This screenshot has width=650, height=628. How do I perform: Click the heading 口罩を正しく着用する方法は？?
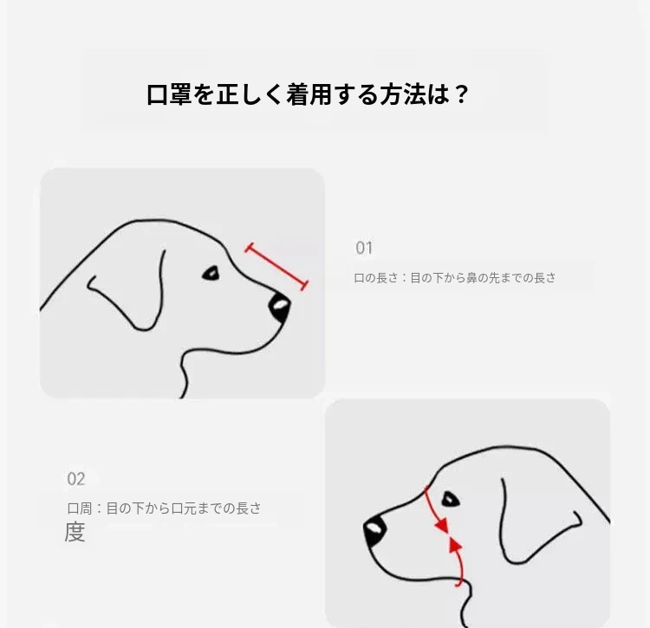pos(308,94)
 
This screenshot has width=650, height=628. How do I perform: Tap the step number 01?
pos(364,248)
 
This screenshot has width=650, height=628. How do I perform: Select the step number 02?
pos(76,479)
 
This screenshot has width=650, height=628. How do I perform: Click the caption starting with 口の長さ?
pos(455,277)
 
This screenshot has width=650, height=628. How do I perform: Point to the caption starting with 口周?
pos(164,508)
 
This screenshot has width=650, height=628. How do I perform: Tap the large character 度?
pos(75,533)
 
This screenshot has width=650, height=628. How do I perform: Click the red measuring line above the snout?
pos(276,267)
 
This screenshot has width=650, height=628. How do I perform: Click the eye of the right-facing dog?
pos(211,274)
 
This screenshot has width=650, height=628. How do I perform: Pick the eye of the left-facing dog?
pos(450,499)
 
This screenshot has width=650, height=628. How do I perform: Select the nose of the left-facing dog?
pos(374,532)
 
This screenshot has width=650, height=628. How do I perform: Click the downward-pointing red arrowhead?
pos(442,525)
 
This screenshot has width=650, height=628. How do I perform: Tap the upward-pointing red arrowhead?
pos(456,544)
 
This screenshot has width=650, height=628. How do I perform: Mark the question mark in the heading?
pos(461,94)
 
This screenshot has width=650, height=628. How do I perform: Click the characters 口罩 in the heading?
pos(169,94)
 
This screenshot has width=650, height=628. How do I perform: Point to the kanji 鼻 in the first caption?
pos(472,277)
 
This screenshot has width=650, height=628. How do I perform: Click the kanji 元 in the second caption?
pos(190,508)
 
